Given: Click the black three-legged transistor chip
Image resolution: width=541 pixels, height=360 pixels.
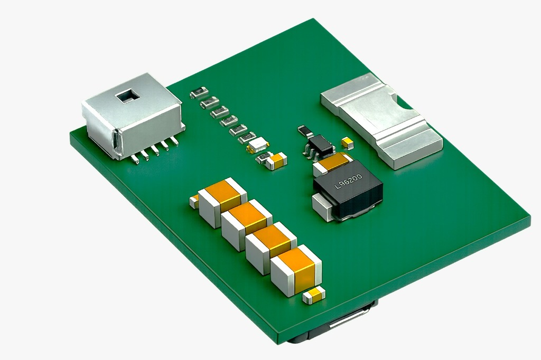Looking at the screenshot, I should (x=320, y=144).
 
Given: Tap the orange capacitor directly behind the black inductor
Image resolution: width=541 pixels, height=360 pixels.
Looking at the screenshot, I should (x=333, y=163).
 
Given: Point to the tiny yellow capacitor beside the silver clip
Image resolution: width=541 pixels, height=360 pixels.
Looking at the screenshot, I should (x=347, y=142).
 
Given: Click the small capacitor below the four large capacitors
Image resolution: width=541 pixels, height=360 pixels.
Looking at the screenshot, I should (x=314, y=295).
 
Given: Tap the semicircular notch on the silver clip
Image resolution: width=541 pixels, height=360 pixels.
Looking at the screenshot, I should (x=405, y=106).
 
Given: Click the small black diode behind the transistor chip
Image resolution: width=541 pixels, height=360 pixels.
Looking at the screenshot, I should (x=305, y=130).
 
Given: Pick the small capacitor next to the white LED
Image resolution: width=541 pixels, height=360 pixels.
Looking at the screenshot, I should (x=277, y=160).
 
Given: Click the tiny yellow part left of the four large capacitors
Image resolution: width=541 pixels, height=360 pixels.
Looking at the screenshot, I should (x=194, y=201).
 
